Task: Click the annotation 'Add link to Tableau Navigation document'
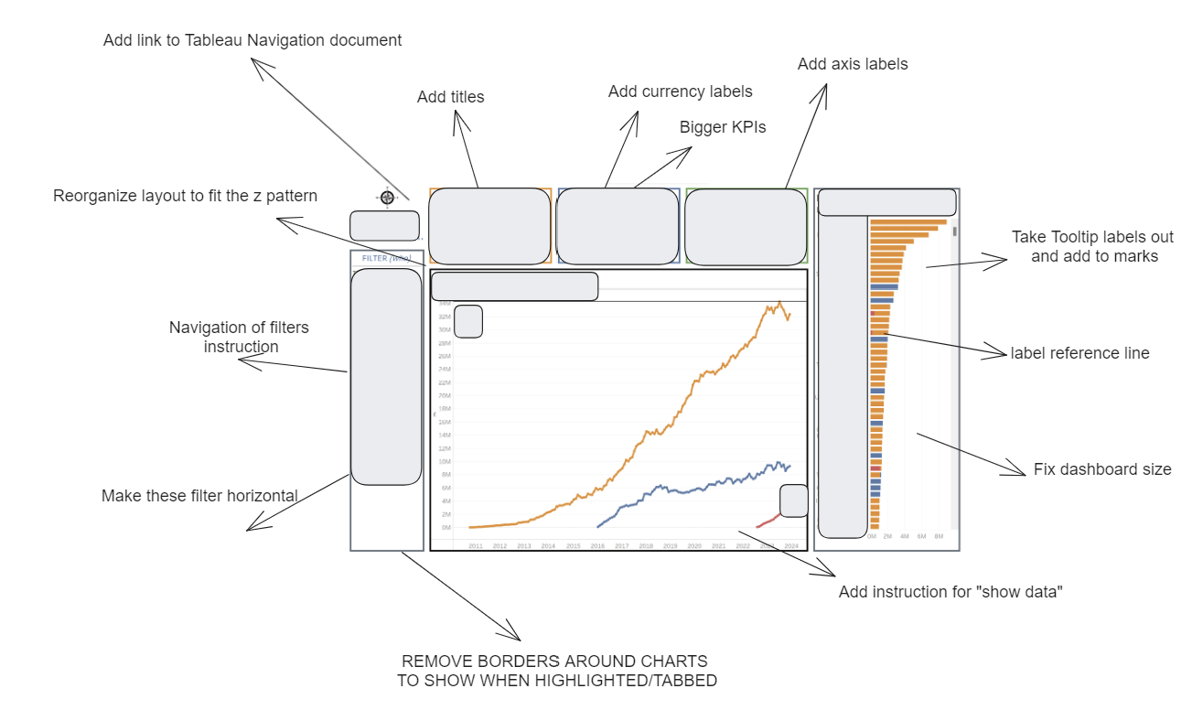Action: click(252, 40)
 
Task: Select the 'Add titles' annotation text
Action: click(450, 97)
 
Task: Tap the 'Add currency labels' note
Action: click(680, 91)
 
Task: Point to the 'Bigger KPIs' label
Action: click(722, 127)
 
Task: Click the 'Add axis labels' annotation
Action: click(852, 64)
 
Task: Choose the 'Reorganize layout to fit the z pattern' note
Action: click(185, 196)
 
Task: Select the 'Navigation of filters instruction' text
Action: click(239, 337)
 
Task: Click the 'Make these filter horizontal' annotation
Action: click(199, 496)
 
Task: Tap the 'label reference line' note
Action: click(1079, 353)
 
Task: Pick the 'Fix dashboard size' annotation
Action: click(1101, 469)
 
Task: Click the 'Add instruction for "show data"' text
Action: click(950, 592)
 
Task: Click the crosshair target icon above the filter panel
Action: click(387, 198)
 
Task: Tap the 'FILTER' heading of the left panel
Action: click(375, 258)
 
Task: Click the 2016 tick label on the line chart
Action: click(597, 546)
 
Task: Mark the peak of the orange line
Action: click(779, 302)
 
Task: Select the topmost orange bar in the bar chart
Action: click(908, 221)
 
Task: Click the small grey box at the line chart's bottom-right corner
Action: click(793, 500)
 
